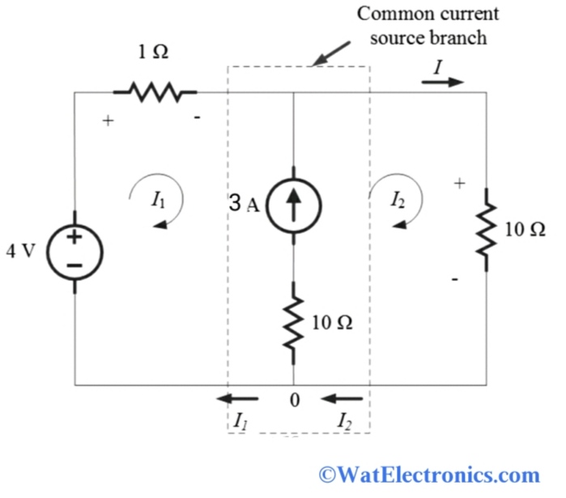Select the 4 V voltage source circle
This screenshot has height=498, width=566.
click(74, 250)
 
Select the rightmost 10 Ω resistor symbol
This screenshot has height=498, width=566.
click(486, 229)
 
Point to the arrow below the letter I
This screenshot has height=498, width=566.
click(442, 82)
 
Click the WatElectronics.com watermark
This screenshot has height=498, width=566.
click(429, 474)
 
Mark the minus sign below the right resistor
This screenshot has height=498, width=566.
click(456, 279)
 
